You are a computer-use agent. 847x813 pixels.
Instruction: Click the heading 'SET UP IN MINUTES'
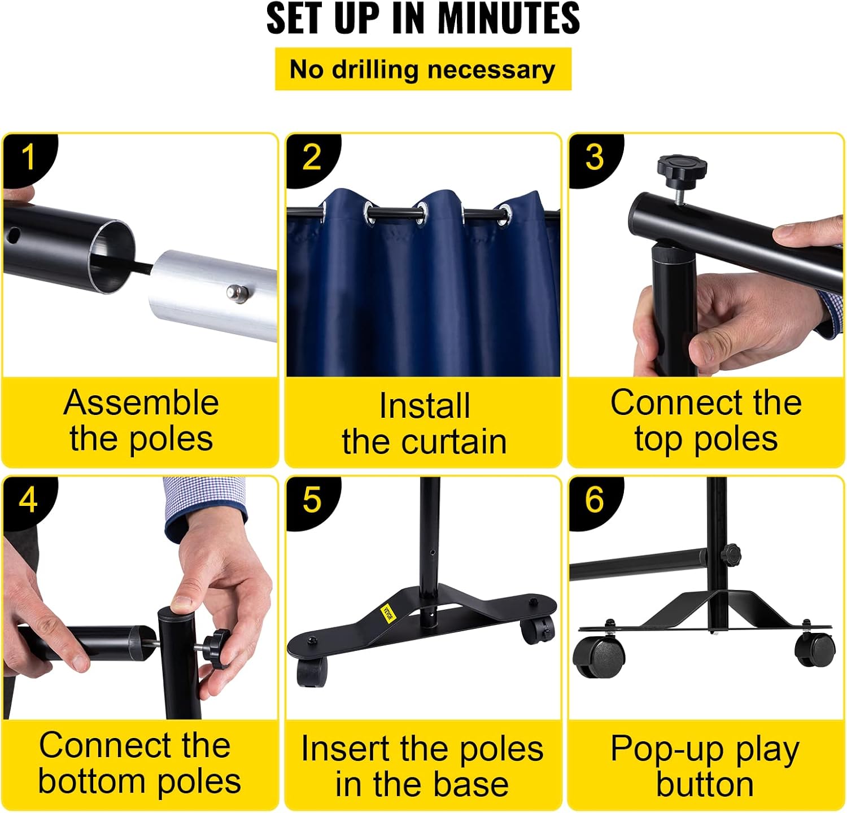(423, 19)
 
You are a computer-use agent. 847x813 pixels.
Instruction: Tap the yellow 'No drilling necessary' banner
(423, 69)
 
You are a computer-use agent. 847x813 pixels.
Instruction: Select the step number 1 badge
(28, 158)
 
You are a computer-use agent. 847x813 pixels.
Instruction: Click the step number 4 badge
(28, 500)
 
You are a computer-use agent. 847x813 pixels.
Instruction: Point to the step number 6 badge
(594, 500)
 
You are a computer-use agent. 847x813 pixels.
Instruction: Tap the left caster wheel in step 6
(599, 657)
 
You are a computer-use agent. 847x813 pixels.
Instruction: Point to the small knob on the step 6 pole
(732, 553)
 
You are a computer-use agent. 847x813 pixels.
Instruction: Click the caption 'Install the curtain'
(424, 423)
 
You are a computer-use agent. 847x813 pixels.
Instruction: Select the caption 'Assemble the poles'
(141, 421)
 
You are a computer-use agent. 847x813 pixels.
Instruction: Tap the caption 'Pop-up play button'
(705, 766)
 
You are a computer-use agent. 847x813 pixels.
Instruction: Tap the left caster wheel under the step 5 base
(311, 672)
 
